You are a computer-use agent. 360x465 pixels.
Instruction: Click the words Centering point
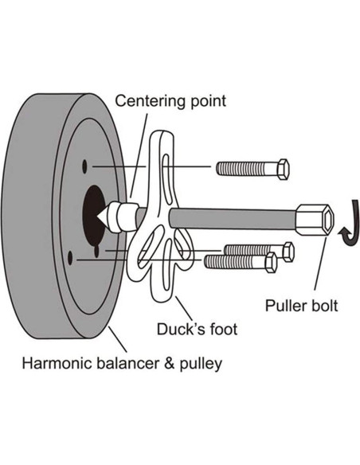[x=170, y=102]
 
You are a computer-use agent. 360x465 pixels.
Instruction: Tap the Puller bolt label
[x=301, y=305]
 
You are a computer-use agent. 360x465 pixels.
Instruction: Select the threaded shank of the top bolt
[x=242, y=169]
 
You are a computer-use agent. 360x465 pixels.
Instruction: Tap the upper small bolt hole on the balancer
[x=84, y=166]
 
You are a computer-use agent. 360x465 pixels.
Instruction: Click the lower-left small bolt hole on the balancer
[x=70, y=256]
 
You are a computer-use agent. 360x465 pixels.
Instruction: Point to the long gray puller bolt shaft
[x=231, y=217]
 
